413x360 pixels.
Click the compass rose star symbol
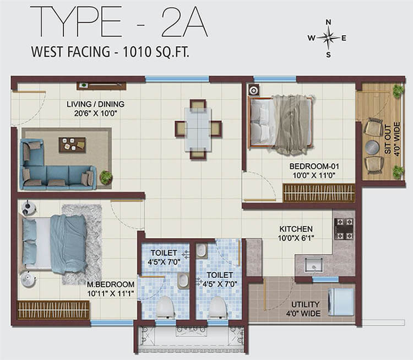coord(328,38)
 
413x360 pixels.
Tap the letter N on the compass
coord(328,22)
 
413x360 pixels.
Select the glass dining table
coord(198,129)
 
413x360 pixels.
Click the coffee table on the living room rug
coord(72,145)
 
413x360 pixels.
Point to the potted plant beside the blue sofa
coord(106,177)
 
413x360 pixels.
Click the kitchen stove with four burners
coord(344,229)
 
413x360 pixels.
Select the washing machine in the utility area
coord(341,302)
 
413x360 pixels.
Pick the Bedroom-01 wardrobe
coord(319,193)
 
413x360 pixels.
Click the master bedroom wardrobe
coord(53,310)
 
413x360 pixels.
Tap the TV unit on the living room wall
coord(101,85)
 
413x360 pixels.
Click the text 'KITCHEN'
coord(296,229)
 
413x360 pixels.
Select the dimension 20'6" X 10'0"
coord(96,114)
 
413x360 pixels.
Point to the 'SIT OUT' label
coord(388,139)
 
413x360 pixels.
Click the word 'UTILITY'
coord(305,304)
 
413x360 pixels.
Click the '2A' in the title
coord(184,22)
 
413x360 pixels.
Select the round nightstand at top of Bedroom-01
coord(254,90)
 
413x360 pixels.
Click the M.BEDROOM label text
coord(111,284)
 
